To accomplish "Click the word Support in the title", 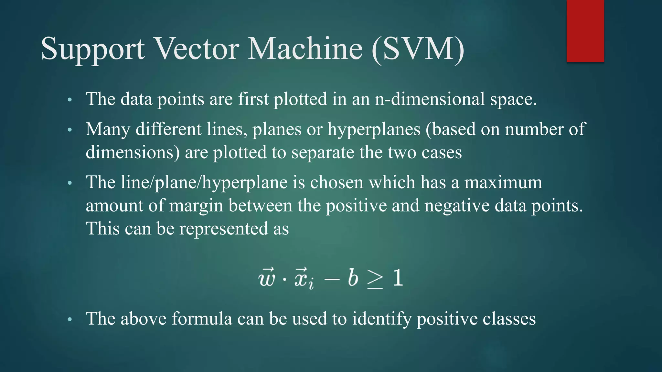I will [93, 49].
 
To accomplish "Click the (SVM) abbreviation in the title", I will [418, 49].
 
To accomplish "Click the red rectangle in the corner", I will [585, 31].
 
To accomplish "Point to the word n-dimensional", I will [430, 99].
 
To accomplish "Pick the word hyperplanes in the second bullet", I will [374, 130].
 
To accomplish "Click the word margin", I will [196, 206].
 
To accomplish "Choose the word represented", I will [224, 229].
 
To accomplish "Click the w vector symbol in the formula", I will [267, 278].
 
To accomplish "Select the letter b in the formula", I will [353, 277].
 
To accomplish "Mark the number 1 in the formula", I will [398, 277].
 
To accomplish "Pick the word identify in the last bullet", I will [381, 319].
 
